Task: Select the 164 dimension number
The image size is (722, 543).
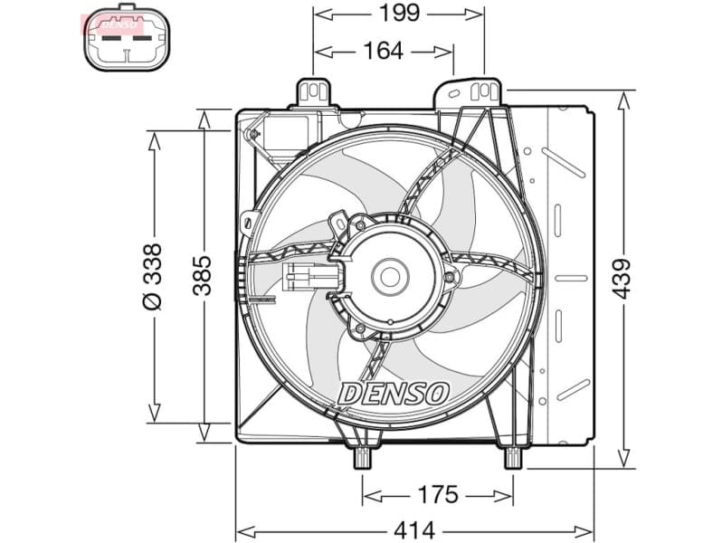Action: [x=383, y=52]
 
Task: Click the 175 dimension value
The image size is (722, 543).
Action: [x=438, y=495]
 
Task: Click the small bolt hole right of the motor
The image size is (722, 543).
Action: [x=449, y=276]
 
